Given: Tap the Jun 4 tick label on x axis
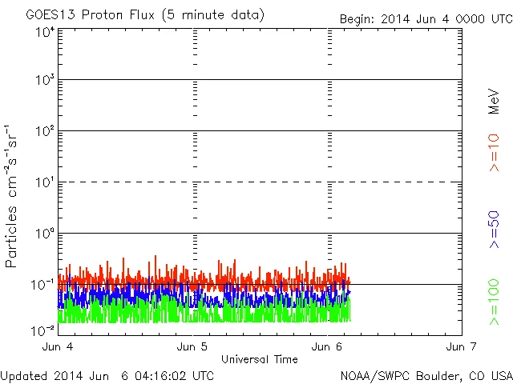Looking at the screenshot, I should point(57,346).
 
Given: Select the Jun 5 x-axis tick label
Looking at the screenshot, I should point(192,346).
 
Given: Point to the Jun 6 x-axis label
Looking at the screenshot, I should point(327,346).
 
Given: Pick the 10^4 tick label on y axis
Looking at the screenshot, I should point(45,31).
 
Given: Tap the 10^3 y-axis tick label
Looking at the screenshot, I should point(45,82).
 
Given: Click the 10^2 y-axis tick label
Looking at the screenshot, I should point(45,133).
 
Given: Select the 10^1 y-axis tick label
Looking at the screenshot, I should point(45,184).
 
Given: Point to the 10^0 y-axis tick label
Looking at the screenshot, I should point(45,234).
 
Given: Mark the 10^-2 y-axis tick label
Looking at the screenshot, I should point(43,330).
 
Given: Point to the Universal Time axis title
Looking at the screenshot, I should point(259,359).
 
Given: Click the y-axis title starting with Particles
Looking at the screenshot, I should point(12,196).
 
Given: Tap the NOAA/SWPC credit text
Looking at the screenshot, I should point(426,375).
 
